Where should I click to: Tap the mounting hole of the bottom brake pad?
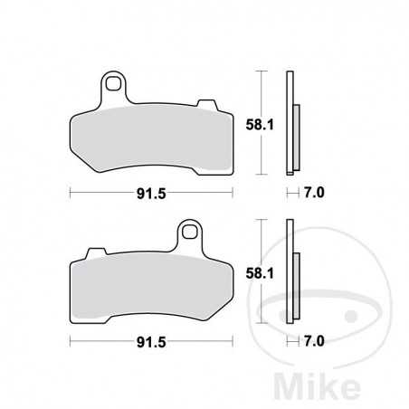coord(190,232)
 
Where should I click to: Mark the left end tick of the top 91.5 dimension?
coord(71,192)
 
